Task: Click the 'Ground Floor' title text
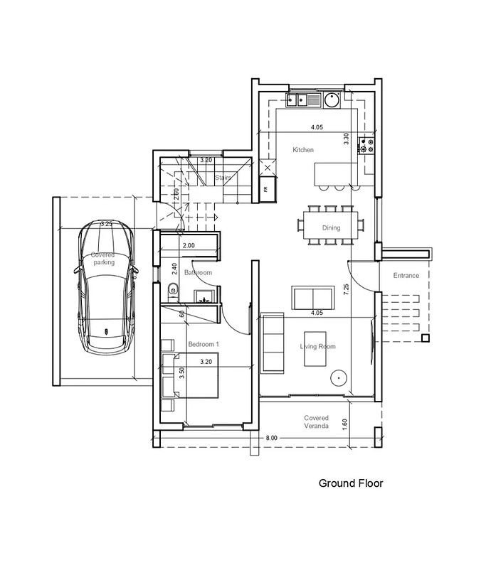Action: [351, 484]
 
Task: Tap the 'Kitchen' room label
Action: [303, 150]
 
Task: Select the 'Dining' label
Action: [332, 228]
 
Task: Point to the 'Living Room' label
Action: [317, 347]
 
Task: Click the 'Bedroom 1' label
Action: [204, 344]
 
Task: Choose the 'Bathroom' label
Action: [198, 273]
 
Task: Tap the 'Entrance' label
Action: [406, 275]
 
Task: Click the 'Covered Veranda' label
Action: [316, 422]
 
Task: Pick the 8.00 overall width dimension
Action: [271, 438]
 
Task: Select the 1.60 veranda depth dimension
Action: [345, 422]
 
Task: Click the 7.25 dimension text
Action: [346, 289]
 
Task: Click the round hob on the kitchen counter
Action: [332, 101]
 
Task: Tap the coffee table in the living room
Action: [316, 348]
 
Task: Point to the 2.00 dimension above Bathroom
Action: [189, 245]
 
